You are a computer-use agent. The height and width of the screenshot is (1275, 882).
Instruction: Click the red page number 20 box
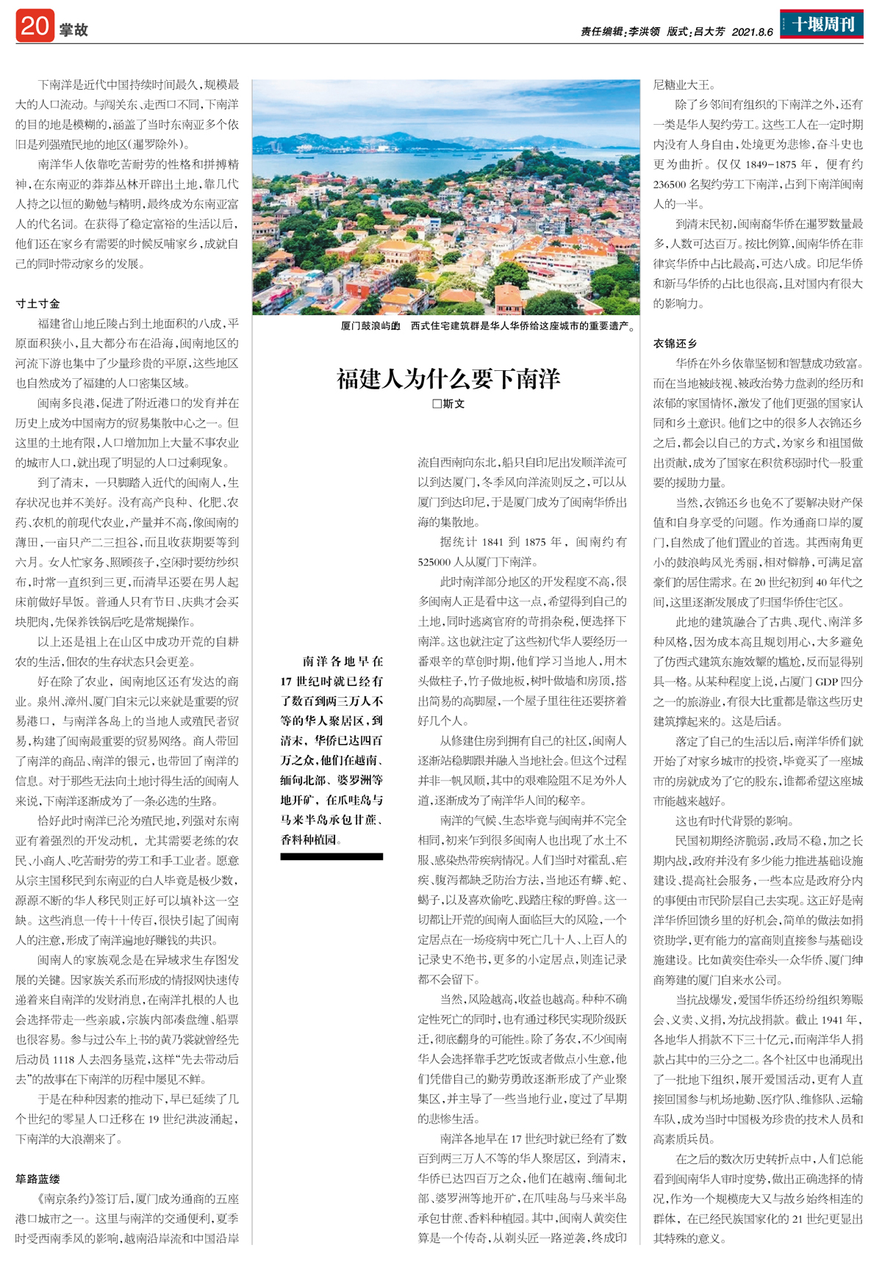coord(35,26)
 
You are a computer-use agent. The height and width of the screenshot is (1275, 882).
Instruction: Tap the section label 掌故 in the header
coord(73,29)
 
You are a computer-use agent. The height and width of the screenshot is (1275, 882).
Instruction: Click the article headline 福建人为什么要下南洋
coord(448,379)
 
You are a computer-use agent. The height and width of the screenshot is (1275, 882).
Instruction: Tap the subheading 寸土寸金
coord(38,303)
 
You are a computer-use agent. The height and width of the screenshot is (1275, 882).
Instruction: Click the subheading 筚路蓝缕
coord(38,1179)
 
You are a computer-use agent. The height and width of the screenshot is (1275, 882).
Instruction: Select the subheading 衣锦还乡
coord(675,343)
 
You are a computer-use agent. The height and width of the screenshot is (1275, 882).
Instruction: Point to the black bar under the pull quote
coord(331,856)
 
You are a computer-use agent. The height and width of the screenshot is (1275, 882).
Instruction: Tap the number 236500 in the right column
coord(670,184)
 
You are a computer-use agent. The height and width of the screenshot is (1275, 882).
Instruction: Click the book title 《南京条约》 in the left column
coord(45,1199)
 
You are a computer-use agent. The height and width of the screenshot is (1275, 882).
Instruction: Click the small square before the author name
coord(437,404)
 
